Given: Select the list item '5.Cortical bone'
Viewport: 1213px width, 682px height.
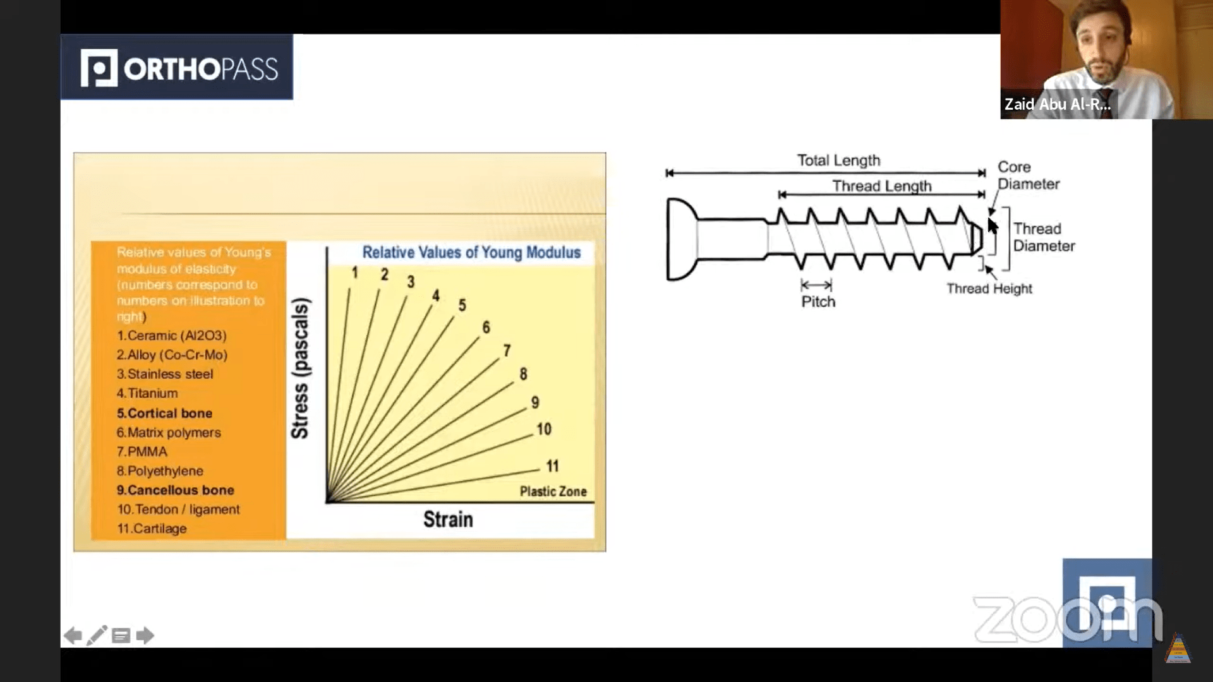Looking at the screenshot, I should click(x=164, y=413).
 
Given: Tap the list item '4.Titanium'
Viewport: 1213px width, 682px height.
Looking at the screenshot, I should click(x=147, y=393).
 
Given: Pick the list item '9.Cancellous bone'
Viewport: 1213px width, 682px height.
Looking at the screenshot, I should click(x=175, y=490).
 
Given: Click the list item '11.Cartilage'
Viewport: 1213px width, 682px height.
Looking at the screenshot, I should click(x=152, y=529).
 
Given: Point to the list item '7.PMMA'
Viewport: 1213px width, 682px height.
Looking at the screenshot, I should click(x=142, y=452).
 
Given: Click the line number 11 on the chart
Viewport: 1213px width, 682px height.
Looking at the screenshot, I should click(x=553, y=466).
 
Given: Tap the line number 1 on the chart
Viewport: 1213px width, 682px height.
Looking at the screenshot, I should click(x=355, y=272).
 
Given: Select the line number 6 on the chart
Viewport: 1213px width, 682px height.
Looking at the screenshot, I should click(x=486, y=327).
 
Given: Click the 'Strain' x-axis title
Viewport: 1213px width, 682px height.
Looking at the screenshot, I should click(x=448, y=519).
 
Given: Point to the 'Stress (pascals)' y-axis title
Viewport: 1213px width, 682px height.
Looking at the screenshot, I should click(x=300, y=369).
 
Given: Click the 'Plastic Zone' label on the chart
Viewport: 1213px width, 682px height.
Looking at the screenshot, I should click(x=553, y=491).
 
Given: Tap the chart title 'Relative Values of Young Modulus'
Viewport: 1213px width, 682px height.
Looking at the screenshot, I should click(x=471, y=253).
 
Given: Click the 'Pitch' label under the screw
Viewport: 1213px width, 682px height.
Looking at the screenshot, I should click(x=818, y=302).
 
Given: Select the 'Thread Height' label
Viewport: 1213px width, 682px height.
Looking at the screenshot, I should click(x=989, y=289).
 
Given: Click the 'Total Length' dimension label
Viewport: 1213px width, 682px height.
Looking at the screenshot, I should click(x=838, y=160).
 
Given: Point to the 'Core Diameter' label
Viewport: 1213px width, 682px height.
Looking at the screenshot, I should click(x=1028, y=176).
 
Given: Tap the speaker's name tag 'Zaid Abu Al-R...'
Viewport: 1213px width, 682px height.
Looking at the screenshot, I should click(x=1057, y=104).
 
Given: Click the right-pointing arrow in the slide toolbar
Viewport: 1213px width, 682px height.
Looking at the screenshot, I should click(x=145, y=635).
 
